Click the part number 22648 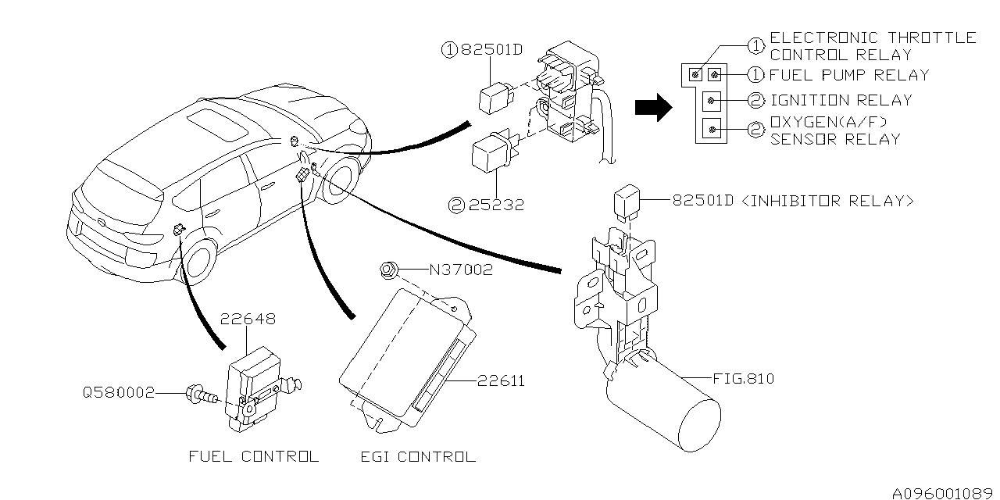(248, 320)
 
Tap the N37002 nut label (461, 270)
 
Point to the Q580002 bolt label (120, 392)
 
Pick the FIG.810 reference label (743, 379)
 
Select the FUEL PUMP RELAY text (849, 76)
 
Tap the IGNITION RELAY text (841, 101)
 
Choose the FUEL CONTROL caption (254, 456)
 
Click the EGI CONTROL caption (418, 456)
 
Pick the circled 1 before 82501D (448, 51)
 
